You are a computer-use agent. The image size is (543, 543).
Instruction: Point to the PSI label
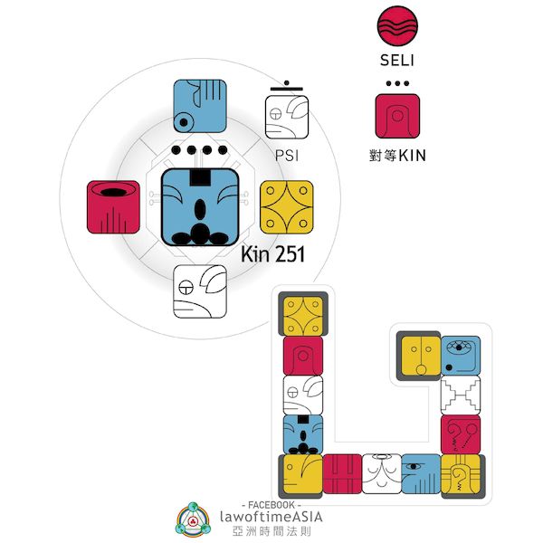pos(287,155)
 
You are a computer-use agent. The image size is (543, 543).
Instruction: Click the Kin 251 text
pos(272,256)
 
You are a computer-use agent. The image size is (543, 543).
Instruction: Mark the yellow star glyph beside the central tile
pos(287,206)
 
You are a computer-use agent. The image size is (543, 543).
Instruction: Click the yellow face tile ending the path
pos(418,354)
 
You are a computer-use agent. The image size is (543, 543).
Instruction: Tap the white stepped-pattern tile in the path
pos(460,395)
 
